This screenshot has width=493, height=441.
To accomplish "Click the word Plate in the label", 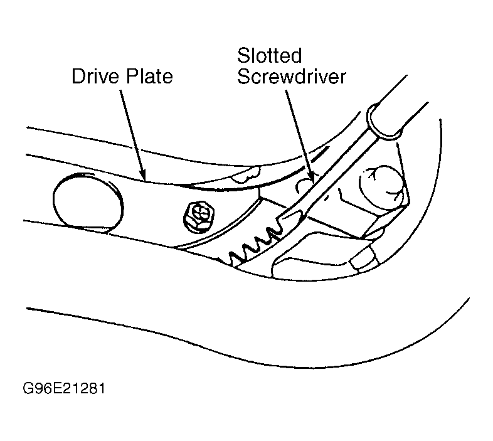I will [x=148, y=77].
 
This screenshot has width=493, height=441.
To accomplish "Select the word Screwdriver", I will [x=292, y=78].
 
